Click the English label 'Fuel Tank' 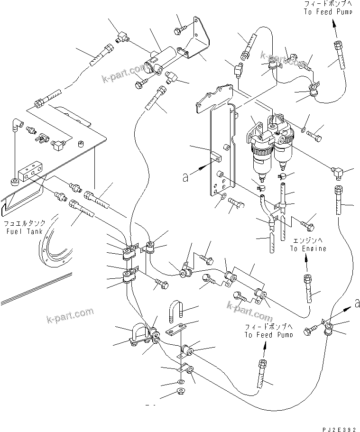(24, 231)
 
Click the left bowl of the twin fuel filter (260, 159)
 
